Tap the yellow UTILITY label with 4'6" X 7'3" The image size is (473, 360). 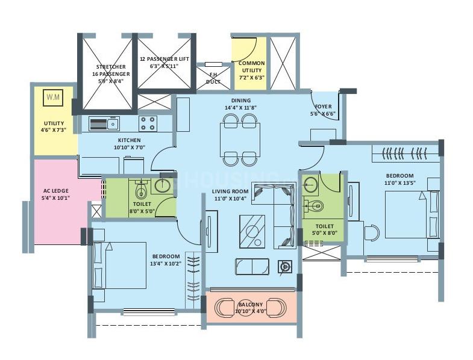coord(54,126)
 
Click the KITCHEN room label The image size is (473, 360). coord(130,143)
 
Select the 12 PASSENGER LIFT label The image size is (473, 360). coord(164,63)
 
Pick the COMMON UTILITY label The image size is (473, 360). coord(251,70)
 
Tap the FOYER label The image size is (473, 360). coord(322,110)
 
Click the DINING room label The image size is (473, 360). coord(240,104)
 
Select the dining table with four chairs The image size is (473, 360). coord(240,140)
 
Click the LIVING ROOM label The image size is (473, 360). coord(230,194)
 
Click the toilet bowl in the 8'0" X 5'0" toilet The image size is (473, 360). coord(140,191)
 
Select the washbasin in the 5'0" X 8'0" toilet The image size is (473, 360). coord(311,184)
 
